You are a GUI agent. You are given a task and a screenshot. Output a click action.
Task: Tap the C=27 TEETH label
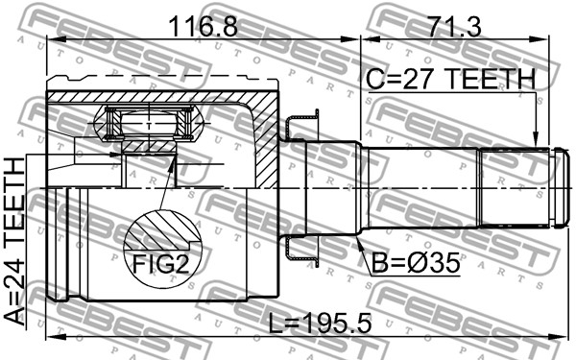click(451, 80)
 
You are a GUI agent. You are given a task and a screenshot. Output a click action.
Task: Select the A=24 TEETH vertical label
click(14, 241)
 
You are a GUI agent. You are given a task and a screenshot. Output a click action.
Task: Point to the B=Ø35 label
click(415, 263)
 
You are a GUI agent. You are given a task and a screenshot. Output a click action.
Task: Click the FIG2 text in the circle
click(161, 264)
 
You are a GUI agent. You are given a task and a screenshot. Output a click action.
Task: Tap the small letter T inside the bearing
click(149, 127)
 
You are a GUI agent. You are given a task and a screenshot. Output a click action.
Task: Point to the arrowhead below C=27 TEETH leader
click(537, 139)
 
